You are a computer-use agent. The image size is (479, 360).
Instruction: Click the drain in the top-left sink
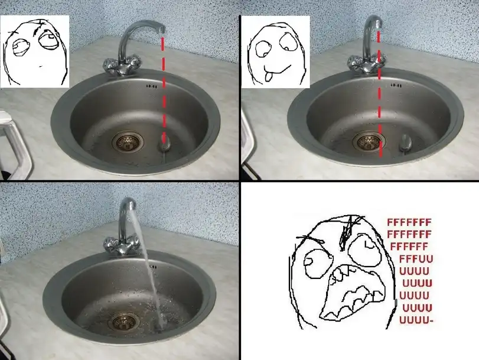(128, 141)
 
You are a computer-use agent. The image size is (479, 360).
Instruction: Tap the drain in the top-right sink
(369, 141)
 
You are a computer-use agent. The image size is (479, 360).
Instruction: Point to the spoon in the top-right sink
(405, 143)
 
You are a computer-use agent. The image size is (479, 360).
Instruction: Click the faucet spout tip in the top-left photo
(162, 30)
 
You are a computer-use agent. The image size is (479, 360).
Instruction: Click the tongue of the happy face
(268, 76)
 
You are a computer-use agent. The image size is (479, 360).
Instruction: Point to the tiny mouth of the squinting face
(41, 66)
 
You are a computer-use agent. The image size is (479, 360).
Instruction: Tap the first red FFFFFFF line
(409, 222)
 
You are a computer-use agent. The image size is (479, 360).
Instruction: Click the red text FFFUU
(416, 259)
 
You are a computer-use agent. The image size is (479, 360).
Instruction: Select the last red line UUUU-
(416, 320)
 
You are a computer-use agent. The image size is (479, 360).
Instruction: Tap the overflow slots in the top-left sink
(152, 86)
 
